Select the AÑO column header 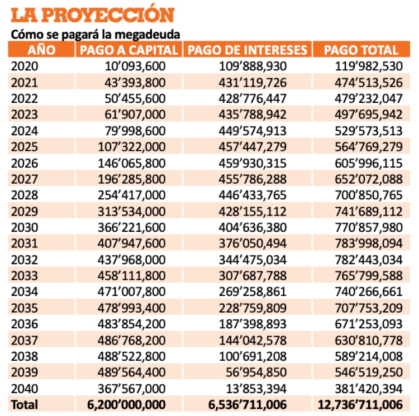[x=41, y=50]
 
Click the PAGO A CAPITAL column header [x=129, y=50]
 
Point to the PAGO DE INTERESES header [x=247, y=50]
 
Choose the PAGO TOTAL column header [x=361, y=50]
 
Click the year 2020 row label [x=25, y=66]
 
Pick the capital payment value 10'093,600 [x=135, y=66]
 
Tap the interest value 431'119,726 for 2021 [x=253, y=83]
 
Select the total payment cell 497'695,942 [x=369, y=114]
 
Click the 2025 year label [x=25, y=147]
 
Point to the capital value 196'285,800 [x=132, y=179]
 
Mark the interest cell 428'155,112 [x=253, y=212]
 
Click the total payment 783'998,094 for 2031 [x=369, y=243]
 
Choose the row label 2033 [x=25, y=275]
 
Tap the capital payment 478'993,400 [x=132, y=308]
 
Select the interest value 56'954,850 [x=256, y=372]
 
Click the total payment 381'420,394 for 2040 [x=369, y=389]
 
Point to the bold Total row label [x=25, y=405]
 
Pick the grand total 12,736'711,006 [x=360, y=405]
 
